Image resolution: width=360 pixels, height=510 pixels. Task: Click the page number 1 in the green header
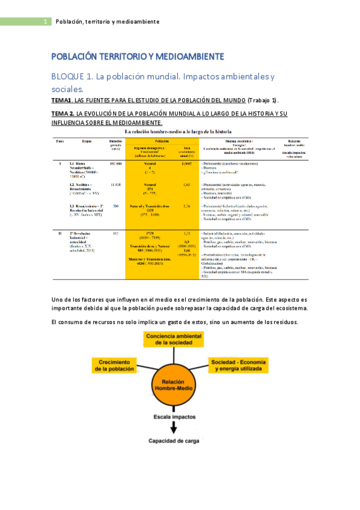[x=46, y=22]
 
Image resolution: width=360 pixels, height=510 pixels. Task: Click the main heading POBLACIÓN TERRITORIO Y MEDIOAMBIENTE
[x=138, y=57]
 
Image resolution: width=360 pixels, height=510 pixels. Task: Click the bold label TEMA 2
[x=63, y=114]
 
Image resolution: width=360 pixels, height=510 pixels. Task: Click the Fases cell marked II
[x=59, y=232]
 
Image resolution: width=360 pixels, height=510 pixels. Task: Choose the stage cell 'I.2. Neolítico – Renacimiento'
[x=84, y=188]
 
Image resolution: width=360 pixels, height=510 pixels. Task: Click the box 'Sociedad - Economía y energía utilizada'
[x=235, y=364]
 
